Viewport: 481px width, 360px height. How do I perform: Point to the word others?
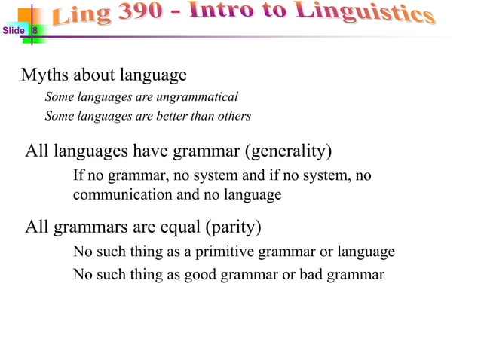tap(232, 117)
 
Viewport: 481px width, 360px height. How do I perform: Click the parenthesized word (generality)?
tap(287, 152)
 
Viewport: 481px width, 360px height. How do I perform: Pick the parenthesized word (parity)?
tap(232, 227)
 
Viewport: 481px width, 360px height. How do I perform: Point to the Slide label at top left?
tap(13, 31)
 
